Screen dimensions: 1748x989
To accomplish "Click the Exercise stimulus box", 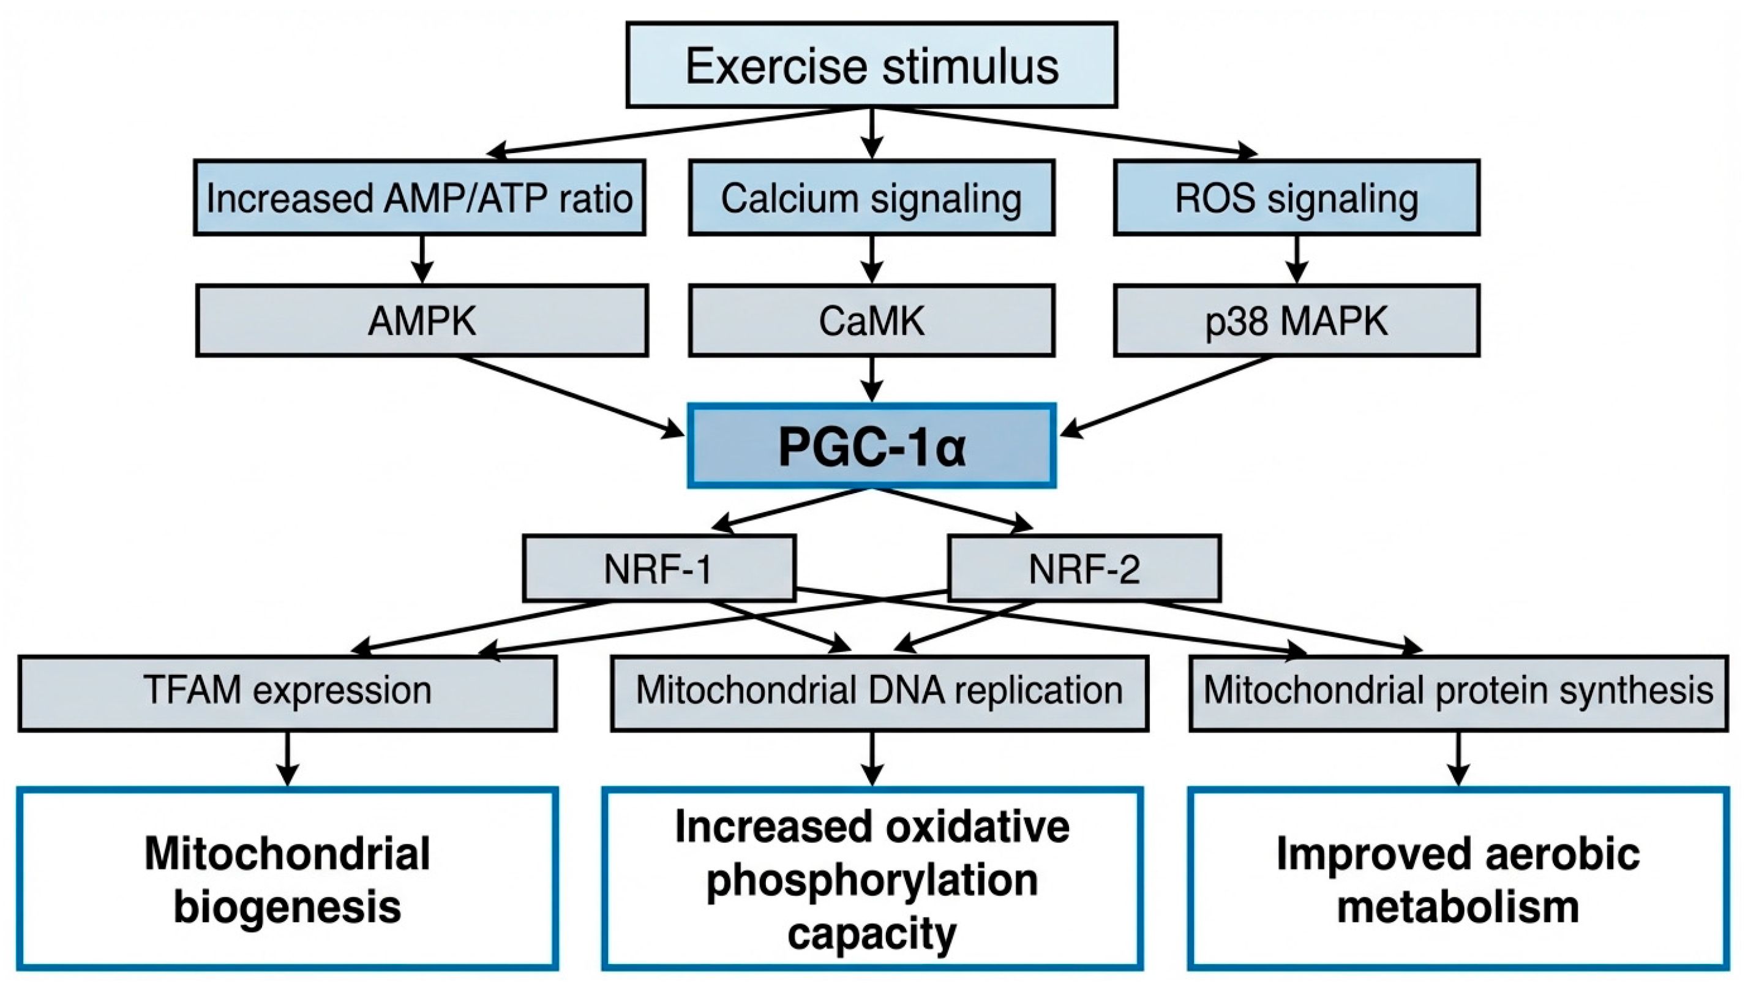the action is click(x=871, y=65).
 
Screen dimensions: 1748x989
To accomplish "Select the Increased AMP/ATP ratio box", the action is click(x=419, y=198).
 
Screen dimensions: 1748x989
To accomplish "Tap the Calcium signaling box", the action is click(x=871, y=198).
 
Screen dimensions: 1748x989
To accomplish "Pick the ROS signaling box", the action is click(x=1296, y=198).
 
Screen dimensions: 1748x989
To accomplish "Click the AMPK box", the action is click(x=422, y=321).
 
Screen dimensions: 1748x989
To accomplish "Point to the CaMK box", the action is click(x=871, y=321).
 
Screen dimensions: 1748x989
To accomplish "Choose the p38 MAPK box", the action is click(x=1296, y=321).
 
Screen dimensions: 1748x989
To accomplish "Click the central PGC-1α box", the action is click(x=871, y=446).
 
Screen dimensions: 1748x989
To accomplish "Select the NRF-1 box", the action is click(x=659, y=568).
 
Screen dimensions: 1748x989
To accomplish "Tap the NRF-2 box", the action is click(x=1084, y=568).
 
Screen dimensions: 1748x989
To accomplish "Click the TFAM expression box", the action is click(x=287, y=693).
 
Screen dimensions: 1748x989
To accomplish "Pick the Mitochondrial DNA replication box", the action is click(x=879, y=693).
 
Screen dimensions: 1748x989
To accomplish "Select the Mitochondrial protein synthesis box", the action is click(x=1458, y=693).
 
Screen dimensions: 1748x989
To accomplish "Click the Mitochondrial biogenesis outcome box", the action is click(x=287, y=878).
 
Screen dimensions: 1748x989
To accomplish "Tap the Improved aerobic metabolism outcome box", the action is click(x=1458, y=878).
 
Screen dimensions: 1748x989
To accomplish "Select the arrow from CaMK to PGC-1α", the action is click(x=871, y=379).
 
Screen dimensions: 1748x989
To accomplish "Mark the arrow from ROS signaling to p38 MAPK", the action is click(x=1296, y=260).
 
